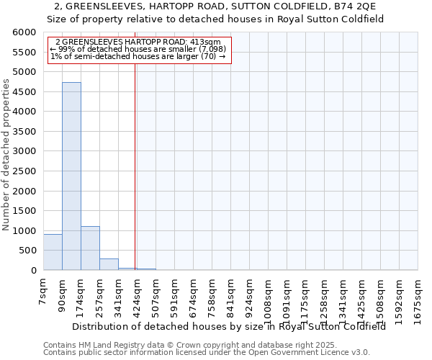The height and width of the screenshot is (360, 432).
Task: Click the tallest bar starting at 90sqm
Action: click(71, 176)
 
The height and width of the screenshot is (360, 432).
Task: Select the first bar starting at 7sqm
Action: click(53, 252)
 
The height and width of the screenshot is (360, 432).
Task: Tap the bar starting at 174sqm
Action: click(90, 248)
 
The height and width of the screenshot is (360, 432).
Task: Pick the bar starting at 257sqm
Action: click(109, 264)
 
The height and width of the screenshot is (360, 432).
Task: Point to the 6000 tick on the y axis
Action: click(24, 32)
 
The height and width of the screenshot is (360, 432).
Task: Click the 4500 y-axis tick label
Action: click(24, 92)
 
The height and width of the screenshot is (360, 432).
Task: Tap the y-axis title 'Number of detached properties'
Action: click(6, 155)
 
